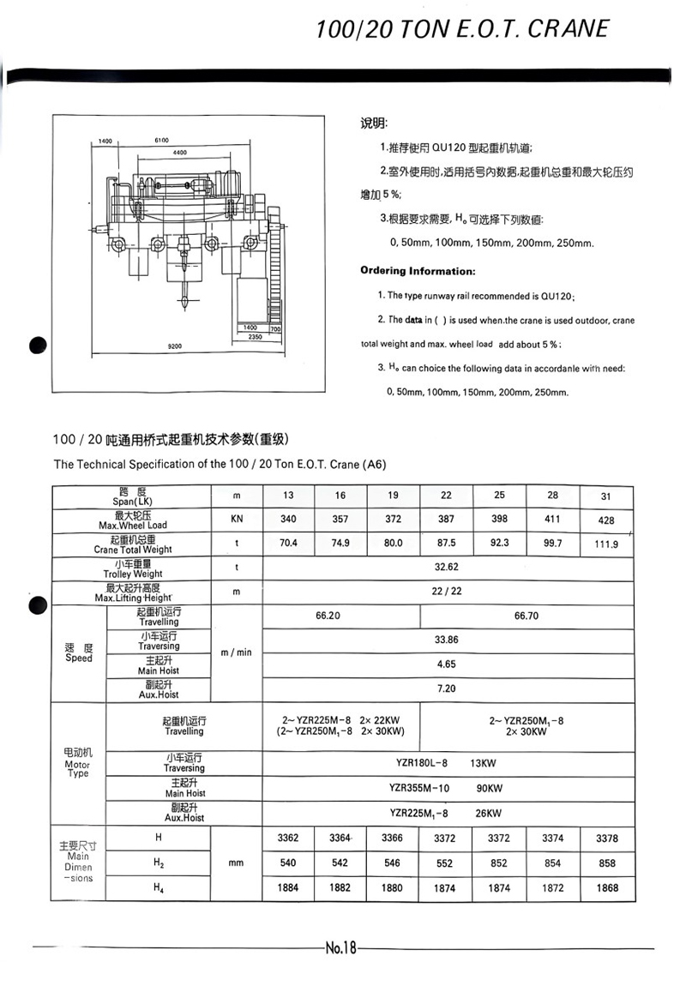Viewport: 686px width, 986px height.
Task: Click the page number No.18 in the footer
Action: point(340,947)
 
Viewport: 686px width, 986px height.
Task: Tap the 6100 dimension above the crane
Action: point(161,140)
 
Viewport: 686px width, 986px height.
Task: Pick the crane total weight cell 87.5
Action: point(445,543)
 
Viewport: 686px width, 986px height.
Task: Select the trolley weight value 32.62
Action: point(447,567)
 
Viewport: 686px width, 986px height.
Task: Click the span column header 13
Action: point(288,496)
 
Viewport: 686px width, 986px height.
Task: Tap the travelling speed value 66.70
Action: point(526,616)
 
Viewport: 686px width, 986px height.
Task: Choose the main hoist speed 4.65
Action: point(446,664)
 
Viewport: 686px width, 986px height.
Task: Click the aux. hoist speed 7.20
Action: point(446,688)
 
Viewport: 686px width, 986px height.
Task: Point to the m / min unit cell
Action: point(237,652)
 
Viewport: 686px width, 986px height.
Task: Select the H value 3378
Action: point(607,839)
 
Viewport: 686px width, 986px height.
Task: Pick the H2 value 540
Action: point(288,863)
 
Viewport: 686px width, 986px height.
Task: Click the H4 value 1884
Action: point(288,888)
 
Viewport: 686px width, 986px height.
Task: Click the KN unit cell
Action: point(237,519)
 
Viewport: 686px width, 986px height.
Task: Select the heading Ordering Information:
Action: point(418,271)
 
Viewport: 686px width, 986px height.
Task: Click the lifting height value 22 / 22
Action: point(447,592)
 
